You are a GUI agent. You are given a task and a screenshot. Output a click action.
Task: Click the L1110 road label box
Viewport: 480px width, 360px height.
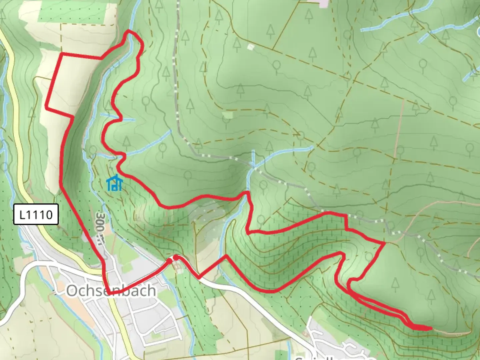point(36,214)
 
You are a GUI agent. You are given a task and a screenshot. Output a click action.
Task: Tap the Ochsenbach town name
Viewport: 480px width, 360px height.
point(111,291)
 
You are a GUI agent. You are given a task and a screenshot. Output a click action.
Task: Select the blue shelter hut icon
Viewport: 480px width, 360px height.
point(115,183)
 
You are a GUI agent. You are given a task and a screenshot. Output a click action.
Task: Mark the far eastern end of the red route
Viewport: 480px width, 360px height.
point(431,328)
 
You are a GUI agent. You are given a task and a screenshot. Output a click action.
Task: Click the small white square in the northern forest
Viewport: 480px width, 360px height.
point(251,47)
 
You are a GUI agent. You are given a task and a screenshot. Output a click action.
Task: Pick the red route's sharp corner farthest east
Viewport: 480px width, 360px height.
point(385,243)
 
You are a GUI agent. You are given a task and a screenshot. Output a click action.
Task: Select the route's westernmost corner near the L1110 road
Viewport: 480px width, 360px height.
point(46,108)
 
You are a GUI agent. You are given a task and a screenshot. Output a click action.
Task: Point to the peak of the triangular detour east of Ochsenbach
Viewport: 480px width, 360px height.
point(226,256)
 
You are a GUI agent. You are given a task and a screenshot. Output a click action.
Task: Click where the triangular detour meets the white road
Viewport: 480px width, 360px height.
point(199,278)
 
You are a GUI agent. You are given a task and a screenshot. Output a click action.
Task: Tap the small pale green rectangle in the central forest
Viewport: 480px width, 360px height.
point(228,115)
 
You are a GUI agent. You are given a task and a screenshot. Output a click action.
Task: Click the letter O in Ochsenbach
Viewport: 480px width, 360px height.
point(72,291)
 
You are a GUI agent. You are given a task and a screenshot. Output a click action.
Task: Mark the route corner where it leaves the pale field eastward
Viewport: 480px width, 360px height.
point(73,117)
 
